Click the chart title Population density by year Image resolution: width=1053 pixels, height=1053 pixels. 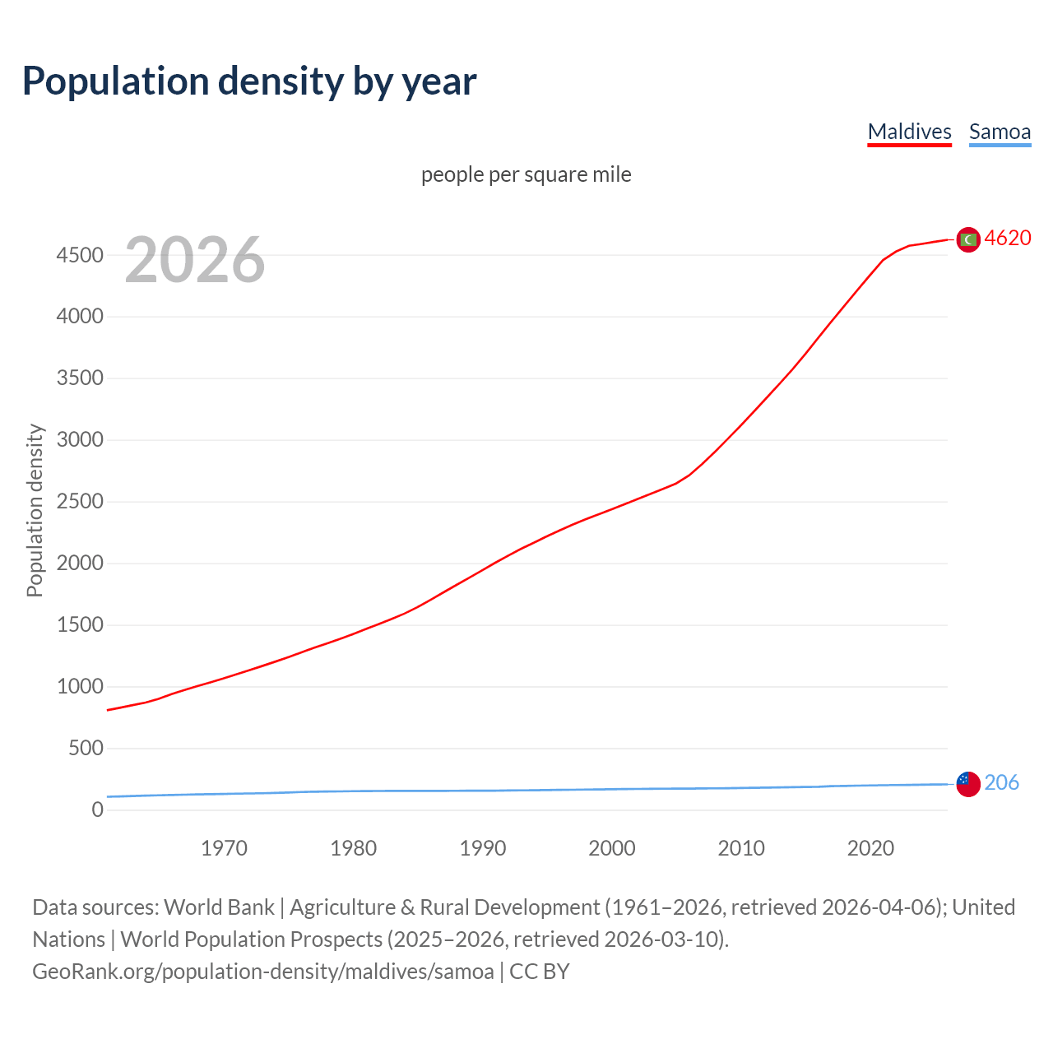click(x=249, y=81)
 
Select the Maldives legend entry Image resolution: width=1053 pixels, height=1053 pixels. click(x=909, y=132)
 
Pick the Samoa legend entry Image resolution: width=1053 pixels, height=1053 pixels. click(x=1000, y=132)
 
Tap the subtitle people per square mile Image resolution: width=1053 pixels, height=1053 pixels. click(x=526, y=174)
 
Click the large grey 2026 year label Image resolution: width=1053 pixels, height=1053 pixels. click(x=195, y=260)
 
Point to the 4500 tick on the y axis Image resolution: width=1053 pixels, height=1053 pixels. click(x=80, y=255)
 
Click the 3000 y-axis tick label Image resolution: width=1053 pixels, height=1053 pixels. click(x=80, y=440)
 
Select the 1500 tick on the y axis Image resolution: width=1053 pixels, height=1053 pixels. click(x=80, y=625)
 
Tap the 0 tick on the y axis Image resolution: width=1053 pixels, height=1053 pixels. click(x=98, y=810)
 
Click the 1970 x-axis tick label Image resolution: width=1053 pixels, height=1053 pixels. click(x=224, y=848)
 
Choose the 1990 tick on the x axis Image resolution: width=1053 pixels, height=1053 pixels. click(x=483, y=848)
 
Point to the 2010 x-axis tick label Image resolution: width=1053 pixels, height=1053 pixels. click(x=741, y=848)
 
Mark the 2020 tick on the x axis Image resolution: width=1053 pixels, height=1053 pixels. click(x=870, y=848)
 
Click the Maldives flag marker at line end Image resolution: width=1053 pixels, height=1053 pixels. click(x=968, y=239)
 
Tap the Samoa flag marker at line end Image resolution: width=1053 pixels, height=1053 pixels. click(x=968, y=784)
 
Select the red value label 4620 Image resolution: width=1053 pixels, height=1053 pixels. click(x=1008, y=239)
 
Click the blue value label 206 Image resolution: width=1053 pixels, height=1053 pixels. click(x=1001, y=782)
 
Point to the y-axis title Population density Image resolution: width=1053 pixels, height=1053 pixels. click(x=35, y=510)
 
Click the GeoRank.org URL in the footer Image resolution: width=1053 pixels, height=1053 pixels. click(x=263, y=972)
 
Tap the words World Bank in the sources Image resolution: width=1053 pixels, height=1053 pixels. click(x=219, y=907)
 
